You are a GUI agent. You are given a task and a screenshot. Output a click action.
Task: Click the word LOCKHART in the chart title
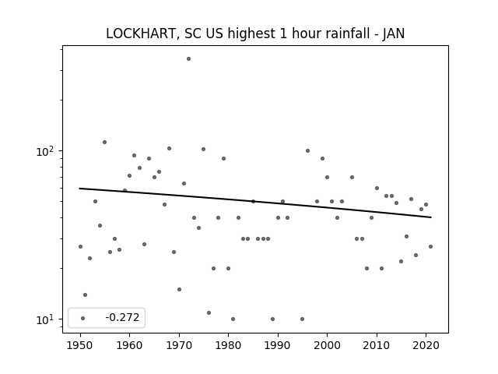click(x=141, y=34)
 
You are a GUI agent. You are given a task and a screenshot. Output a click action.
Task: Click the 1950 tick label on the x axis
click(x=80, y=345)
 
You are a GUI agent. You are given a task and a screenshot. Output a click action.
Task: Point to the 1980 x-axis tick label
click(x=228, y=345)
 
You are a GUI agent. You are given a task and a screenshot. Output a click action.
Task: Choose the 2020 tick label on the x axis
click(x=426, y=345)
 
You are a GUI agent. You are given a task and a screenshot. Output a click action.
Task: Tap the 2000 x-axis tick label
click(x=327, y=345)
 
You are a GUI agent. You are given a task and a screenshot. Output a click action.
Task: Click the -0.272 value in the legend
click(x=122, y=317)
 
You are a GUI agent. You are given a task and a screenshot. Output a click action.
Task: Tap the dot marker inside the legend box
click(x=83, y=318)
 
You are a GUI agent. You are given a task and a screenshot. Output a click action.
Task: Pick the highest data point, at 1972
click(x=188, y=59)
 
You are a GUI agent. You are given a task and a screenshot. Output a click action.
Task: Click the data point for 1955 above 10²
click(x=104, y=142)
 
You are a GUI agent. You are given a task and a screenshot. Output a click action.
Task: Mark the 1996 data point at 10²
click(x=307, y=150)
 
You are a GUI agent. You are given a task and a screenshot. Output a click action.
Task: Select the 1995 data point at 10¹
click(x=303, y=319)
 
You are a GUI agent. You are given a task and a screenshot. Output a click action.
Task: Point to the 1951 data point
click(x=85, y=295)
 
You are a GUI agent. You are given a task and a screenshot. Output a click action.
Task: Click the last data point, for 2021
click(x=430, y=246)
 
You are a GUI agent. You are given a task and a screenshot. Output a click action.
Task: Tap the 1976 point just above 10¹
click(x=209, y=312)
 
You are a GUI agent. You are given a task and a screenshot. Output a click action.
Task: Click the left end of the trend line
click(x=79, y=189)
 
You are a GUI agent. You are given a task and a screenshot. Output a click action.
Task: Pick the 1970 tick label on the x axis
click(x=179, y=345)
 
